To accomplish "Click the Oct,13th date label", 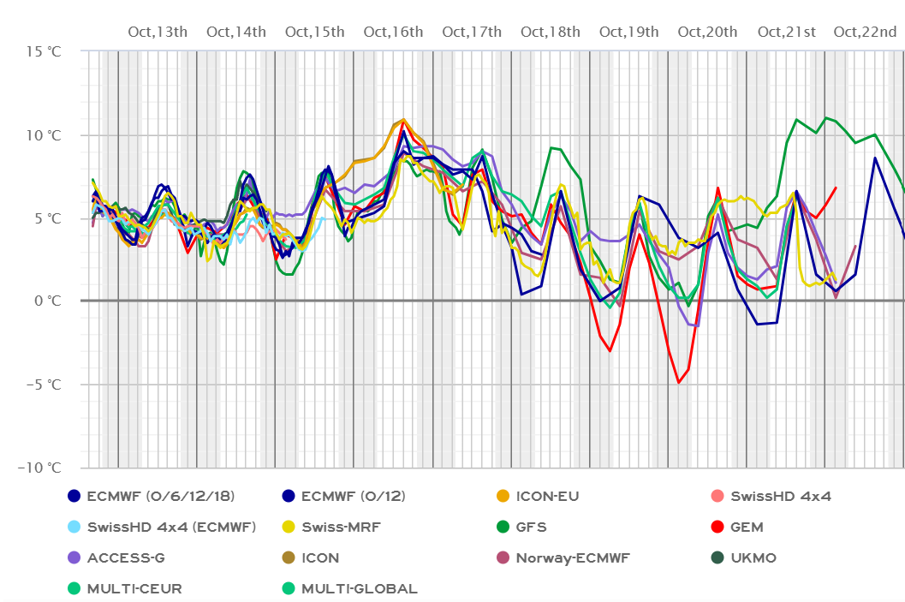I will (158, 33).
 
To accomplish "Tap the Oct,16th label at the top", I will (393, 33).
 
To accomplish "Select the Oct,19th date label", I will (629, 33).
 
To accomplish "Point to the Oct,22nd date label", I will (865, 33).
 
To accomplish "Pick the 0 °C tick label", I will (46, 301).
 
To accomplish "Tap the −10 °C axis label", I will (39, 468).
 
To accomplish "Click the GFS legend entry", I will (531, 527).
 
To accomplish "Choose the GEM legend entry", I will (747, 527).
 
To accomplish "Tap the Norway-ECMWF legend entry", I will (573, 558).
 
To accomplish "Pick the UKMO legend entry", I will (753, 558).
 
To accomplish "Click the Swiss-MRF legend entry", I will (335, 527).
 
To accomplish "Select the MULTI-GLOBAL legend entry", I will (360, 589).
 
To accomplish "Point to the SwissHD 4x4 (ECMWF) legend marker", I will (74, 527).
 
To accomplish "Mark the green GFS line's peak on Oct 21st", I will (826, 117).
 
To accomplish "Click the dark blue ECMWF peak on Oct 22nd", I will (875, 158).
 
